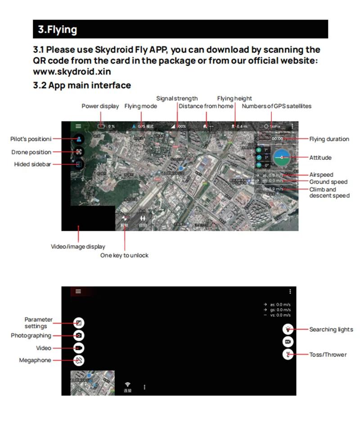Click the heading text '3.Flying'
tap(57, 30)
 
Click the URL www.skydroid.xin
tap(72, 71)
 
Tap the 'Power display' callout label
tap(100, 106)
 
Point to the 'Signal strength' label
tap(177, 99)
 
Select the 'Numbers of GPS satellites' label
tap(276, 106)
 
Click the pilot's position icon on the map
tap(79, 139)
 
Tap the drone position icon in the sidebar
tap(79, 152)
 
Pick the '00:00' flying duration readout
tap(277, 139)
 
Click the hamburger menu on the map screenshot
tap(78, 126)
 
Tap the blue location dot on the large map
tap(181, 168)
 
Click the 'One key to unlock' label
tap(124, 255)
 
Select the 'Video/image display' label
tap(78, 247)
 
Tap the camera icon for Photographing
tap(79, 336)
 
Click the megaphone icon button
tap(79, 360)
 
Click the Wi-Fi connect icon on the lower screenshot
tap(128, 385)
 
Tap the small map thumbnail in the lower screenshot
tap(93, 383)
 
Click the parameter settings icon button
tap(79, 323)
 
